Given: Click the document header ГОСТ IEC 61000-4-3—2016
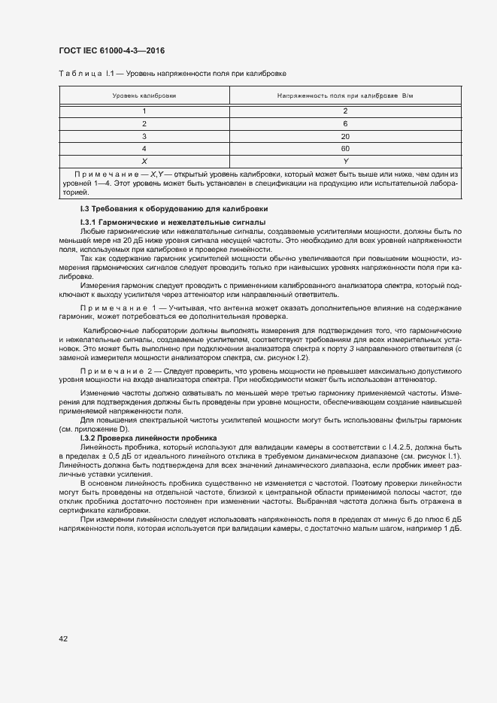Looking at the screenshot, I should [x=112, y=51].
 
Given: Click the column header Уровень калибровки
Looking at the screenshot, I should [x=144, y=96].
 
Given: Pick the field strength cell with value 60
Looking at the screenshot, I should [x=345, y=149].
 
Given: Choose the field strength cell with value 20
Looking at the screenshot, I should [x=345, y=136].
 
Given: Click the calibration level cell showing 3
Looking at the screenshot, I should [x=144, y=136].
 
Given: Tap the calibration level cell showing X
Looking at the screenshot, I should [x=144, y=161].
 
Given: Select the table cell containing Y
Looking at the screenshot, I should [x=345, y=161].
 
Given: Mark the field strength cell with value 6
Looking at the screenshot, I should [x=345, y=123].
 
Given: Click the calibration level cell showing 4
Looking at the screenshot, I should [x=144, y=149].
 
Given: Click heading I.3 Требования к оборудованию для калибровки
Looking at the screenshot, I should [x=174, y=208].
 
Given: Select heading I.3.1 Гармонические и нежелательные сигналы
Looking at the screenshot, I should [x=172, y=223].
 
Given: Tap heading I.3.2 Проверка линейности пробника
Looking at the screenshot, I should [x=148, y=438].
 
